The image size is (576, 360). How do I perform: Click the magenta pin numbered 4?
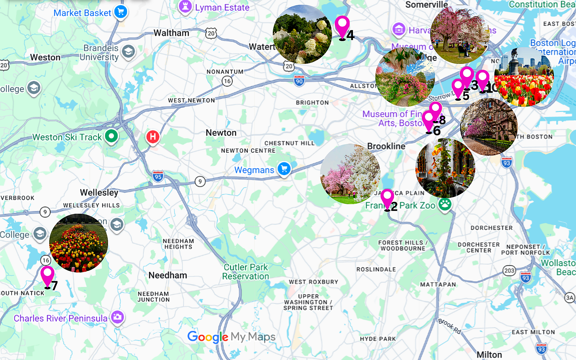[x=342, y=25]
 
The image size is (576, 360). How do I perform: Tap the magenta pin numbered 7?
[x=48, y=274]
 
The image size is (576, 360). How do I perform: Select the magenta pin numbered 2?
[x=387, y=197]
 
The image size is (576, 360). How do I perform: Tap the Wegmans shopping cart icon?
[x=284, y=169]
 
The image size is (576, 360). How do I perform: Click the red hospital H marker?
[x=153, y=137]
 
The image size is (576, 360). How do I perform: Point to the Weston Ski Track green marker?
[x=111, y=136]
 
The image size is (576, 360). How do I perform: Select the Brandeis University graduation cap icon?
[x=129, y=52]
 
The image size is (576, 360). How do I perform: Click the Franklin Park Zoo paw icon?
[x=445, y=205]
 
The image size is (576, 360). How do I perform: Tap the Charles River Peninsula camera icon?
[x=118, y=317]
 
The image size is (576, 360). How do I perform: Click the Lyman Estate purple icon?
[x=185, y=6]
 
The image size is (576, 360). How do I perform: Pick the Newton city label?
[x=221, y=133]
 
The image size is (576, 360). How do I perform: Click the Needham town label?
[x=168, y=275]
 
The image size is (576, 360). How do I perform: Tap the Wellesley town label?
[x=99, y=193]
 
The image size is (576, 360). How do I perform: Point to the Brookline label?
[x=386, y=146]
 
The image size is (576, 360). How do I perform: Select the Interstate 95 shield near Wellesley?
[x=158, y=177]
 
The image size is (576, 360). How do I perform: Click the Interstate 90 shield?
[x=299, y=81]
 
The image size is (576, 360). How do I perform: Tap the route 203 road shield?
[x=509, y=271]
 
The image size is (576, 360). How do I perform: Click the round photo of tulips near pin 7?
[x=78, y=243]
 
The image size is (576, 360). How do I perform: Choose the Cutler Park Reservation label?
[x=246, y=272]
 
